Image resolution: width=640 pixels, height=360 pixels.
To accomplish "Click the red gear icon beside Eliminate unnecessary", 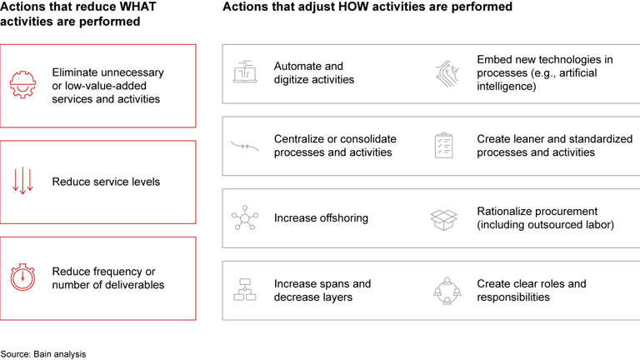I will pyautogui.click(x=22, y=86).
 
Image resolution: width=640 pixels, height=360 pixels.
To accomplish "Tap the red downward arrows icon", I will pyautogui.click(x=22, y=182).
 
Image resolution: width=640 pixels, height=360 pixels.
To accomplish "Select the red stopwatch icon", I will pyautogui.click(x=22, y=277).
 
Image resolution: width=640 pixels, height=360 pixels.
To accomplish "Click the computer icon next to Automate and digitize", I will pyautogui.click(x=245, y=73).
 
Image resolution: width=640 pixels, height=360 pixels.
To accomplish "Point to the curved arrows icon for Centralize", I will pyautogui.click(x=245, y=147).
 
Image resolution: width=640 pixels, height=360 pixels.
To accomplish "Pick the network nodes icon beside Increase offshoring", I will pyautogui.click(x=245, y=218).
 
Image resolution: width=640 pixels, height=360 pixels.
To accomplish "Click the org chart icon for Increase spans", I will pyautogui.click(x=245, y=291).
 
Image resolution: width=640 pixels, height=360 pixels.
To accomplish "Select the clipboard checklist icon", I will pyautogui.click(x=444, y=146).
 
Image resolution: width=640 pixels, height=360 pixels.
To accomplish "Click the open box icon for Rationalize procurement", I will pyautogui.click(x=444, y=218).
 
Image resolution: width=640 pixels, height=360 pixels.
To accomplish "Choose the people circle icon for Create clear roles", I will pyautogui.click(x=447, y=291).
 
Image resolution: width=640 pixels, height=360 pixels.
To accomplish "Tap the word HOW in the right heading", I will pyautogui.click(x=335, y=7).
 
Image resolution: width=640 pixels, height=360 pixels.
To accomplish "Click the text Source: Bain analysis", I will pyautogui.click(x=43, y=354).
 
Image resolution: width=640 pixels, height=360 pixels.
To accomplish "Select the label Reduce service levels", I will pyautogui.click(x=106, y=182).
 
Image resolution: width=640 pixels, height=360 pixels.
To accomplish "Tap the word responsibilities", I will pyautogui.click(x=513, y=297).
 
